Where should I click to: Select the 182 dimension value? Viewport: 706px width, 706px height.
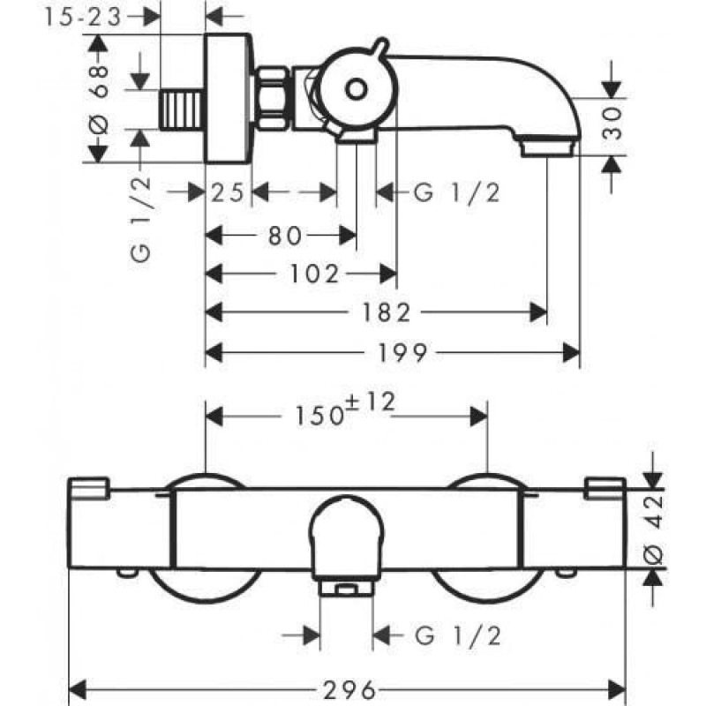pyautogui.click(x=388, y=312)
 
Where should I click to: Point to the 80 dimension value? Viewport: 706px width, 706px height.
pyautogui.click(x=282, y=236)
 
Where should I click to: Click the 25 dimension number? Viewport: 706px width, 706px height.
pyautogui.click(x=228, y=193)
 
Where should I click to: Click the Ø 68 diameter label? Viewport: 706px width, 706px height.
pyautogui.click(x=99, y=97)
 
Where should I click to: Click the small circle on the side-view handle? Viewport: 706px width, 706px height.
pyautogui.click(x=356, y=90)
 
